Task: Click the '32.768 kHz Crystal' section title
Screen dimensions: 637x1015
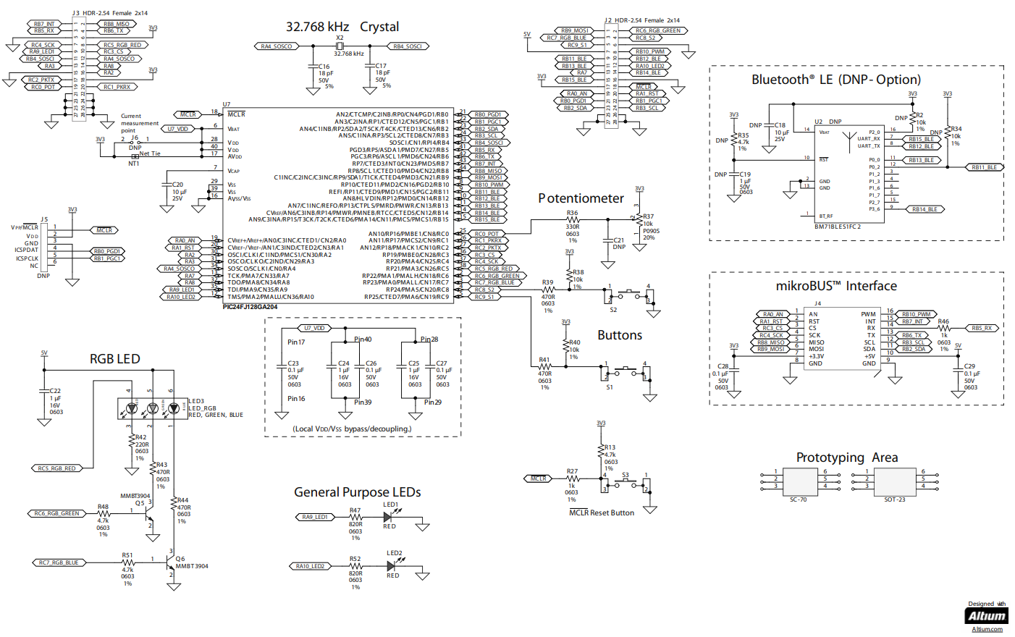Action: (342, 27)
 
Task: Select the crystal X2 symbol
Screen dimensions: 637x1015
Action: (339, 46)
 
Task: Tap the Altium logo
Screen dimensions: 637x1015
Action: (987, 616)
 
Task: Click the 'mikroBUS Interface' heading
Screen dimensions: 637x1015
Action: (836, 286)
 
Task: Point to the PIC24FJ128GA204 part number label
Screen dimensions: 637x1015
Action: (250, 307)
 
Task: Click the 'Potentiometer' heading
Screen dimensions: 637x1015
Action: (581, 198)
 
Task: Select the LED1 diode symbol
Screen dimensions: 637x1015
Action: (389, 517)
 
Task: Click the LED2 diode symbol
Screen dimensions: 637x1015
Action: (391, 566)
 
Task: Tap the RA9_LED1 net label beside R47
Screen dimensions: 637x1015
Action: (315, 517)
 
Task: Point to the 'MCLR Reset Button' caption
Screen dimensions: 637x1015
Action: (602, 512)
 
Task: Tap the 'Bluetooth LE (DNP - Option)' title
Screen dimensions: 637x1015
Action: (836, 80)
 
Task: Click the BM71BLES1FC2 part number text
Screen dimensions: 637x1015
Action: (838, 227)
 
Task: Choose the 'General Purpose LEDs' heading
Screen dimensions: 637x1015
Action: (357, 492)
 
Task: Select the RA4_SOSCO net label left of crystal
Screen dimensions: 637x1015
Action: (277, 46)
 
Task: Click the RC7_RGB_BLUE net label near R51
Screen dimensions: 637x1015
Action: (59, 562)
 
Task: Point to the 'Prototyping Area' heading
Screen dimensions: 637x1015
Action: (846, 457)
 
